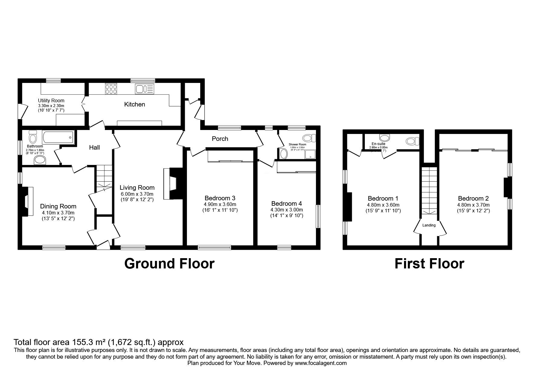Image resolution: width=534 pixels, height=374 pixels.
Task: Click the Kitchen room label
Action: click(x=134, y=104)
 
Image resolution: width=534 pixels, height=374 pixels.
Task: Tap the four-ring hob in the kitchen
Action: click(x=111, y=89)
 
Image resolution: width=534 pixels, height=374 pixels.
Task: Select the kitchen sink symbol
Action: click(x=144, y=89)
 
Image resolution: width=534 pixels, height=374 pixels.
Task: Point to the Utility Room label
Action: click(x=51, y=100)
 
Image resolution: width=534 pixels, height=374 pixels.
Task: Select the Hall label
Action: click(x=94, y=147)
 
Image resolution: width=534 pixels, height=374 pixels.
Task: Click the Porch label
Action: click(x=220, y=139)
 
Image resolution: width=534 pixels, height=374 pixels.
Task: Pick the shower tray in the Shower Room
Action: click(x=310, y=154)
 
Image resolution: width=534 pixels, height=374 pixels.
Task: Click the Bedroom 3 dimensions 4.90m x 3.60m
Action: click(x=220, y=204)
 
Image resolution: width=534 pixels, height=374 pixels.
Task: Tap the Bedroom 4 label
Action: click(x=286, y=204)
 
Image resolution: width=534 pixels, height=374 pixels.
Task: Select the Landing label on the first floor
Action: click(x=429, y=225)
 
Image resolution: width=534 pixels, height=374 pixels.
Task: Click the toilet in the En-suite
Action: click(x=412, y=141)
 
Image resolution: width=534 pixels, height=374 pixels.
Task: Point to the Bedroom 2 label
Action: click(x=473, y=198)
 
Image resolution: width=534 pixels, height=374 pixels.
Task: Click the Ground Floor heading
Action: click(x=169, y=264)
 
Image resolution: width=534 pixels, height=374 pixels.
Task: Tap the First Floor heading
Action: click(x=429, y=264)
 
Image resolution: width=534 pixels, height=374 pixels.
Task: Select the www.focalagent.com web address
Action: click(x=321, y=363)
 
